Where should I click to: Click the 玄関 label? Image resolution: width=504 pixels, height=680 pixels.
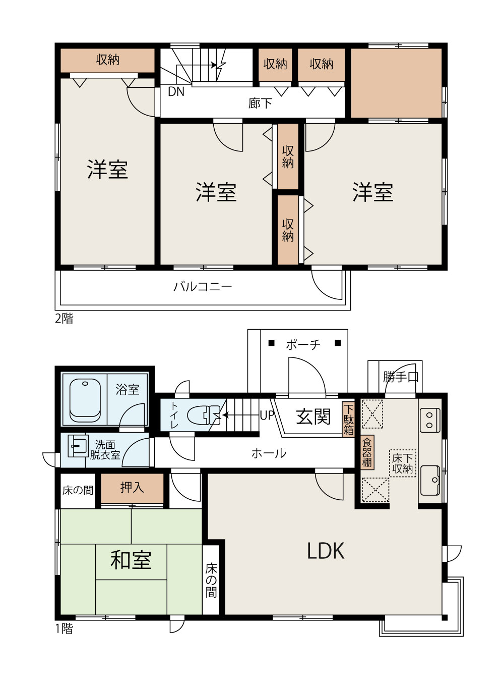[x=313, y=416]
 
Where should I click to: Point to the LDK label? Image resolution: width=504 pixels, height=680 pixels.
[x=326, y=551]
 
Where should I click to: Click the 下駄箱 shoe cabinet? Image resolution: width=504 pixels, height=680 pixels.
[x=348, y=419]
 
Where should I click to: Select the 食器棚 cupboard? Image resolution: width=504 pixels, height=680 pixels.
[x=367, y=452]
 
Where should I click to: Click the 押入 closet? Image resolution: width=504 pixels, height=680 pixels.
[x=132, y=488]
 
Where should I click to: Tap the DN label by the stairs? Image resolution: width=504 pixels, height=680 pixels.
[x=176, y=91]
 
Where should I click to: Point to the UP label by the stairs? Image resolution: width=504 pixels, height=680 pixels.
[x=267, y=415]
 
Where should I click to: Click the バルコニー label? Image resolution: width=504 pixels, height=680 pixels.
[x=203, y=287]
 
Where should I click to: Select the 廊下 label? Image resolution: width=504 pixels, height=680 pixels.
[x=260, y=103]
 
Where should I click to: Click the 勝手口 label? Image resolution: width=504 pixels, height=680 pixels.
[x=401, y=377]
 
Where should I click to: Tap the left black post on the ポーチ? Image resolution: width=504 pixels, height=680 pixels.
[x=271, y=343]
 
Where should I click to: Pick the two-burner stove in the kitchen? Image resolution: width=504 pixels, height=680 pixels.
[x=430, y=420]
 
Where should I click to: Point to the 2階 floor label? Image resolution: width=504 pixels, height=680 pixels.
[x=65, y=319]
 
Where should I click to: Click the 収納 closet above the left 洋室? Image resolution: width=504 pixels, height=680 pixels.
[x=107, y=60]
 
